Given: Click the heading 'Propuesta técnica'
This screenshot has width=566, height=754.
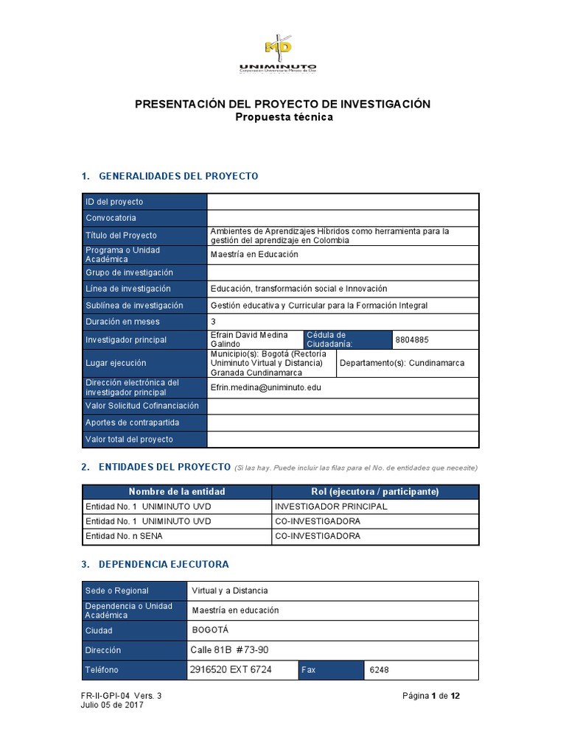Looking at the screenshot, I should [283, 117].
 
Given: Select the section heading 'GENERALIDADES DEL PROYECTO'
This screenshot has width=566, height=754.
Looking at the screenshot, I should [178, 176].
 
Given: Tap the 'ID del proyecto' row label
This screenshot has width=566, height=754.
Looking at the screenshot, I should [114, 202].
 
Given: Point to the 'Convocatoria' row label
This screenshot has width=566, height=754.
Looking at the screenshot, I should [111, 218].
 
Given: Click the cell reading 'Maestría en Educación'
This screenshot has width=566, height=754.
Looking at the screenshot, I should [254, 255].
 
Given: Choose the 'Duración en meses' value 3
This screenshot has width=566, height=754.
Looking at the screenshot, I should [213, 322].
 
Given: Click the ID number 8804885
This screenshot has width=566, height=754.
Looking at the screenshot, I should [411, 340].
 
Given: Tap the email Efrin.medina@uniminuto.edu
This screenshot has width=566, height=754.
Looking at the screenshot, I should [265, 387].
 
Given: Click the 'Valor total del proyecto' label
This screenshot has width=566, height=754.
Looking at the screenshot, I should [129, 440].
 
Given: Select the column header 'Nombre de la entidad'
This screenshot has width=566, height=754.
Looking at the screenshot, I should [177, 491].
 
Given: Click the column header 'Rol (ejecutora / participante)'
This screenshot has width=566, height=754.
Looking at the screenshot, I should [375, 491].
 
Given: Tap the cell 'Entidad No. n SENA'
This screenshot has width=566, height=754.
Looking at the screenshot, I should [125, 536].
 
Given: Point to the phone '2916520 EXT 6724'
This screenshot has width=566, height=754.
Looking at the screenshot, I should [231, 670].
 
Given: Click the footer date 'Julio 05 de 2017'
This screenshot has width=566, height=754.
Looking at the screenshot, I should [112, 705].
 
